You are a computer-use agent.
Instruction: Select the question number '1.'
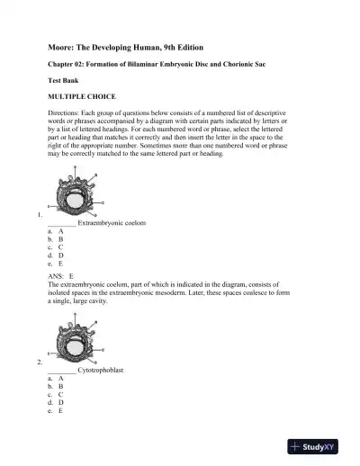click(x=39, y=217)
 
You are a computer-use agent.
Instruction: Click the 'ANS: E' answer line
click(x=61, y=277)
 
